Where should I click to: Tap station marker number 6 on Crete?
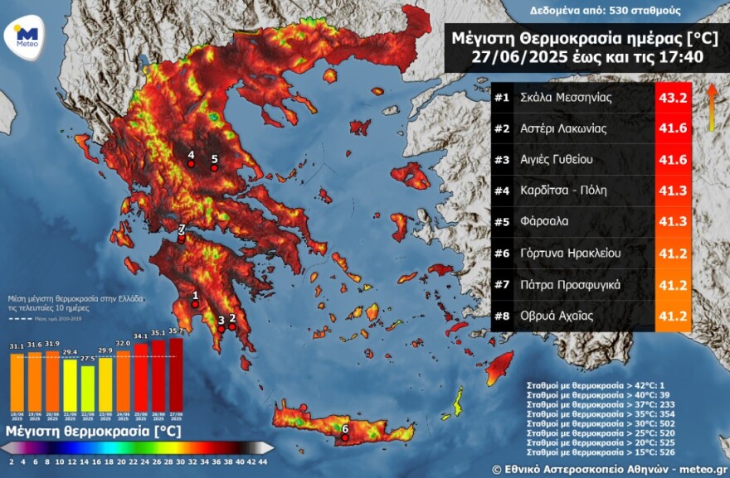345,438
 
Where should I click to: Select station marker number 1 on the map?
194,304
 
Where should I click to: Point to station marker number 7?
182,239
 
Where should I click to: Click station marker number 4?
191,164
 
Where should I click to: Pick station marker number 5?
214,168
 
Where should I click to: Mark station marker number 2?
232,326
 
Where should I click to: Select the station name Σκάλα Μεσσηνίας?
565,98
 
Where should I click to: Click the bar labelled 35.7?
176,374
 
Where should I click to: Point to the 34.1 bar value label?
141,336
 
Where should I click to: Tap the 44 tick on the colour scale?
263,461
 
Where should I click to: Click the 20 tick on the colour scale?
121,461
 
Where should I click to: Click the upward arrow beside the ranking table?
711,107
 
